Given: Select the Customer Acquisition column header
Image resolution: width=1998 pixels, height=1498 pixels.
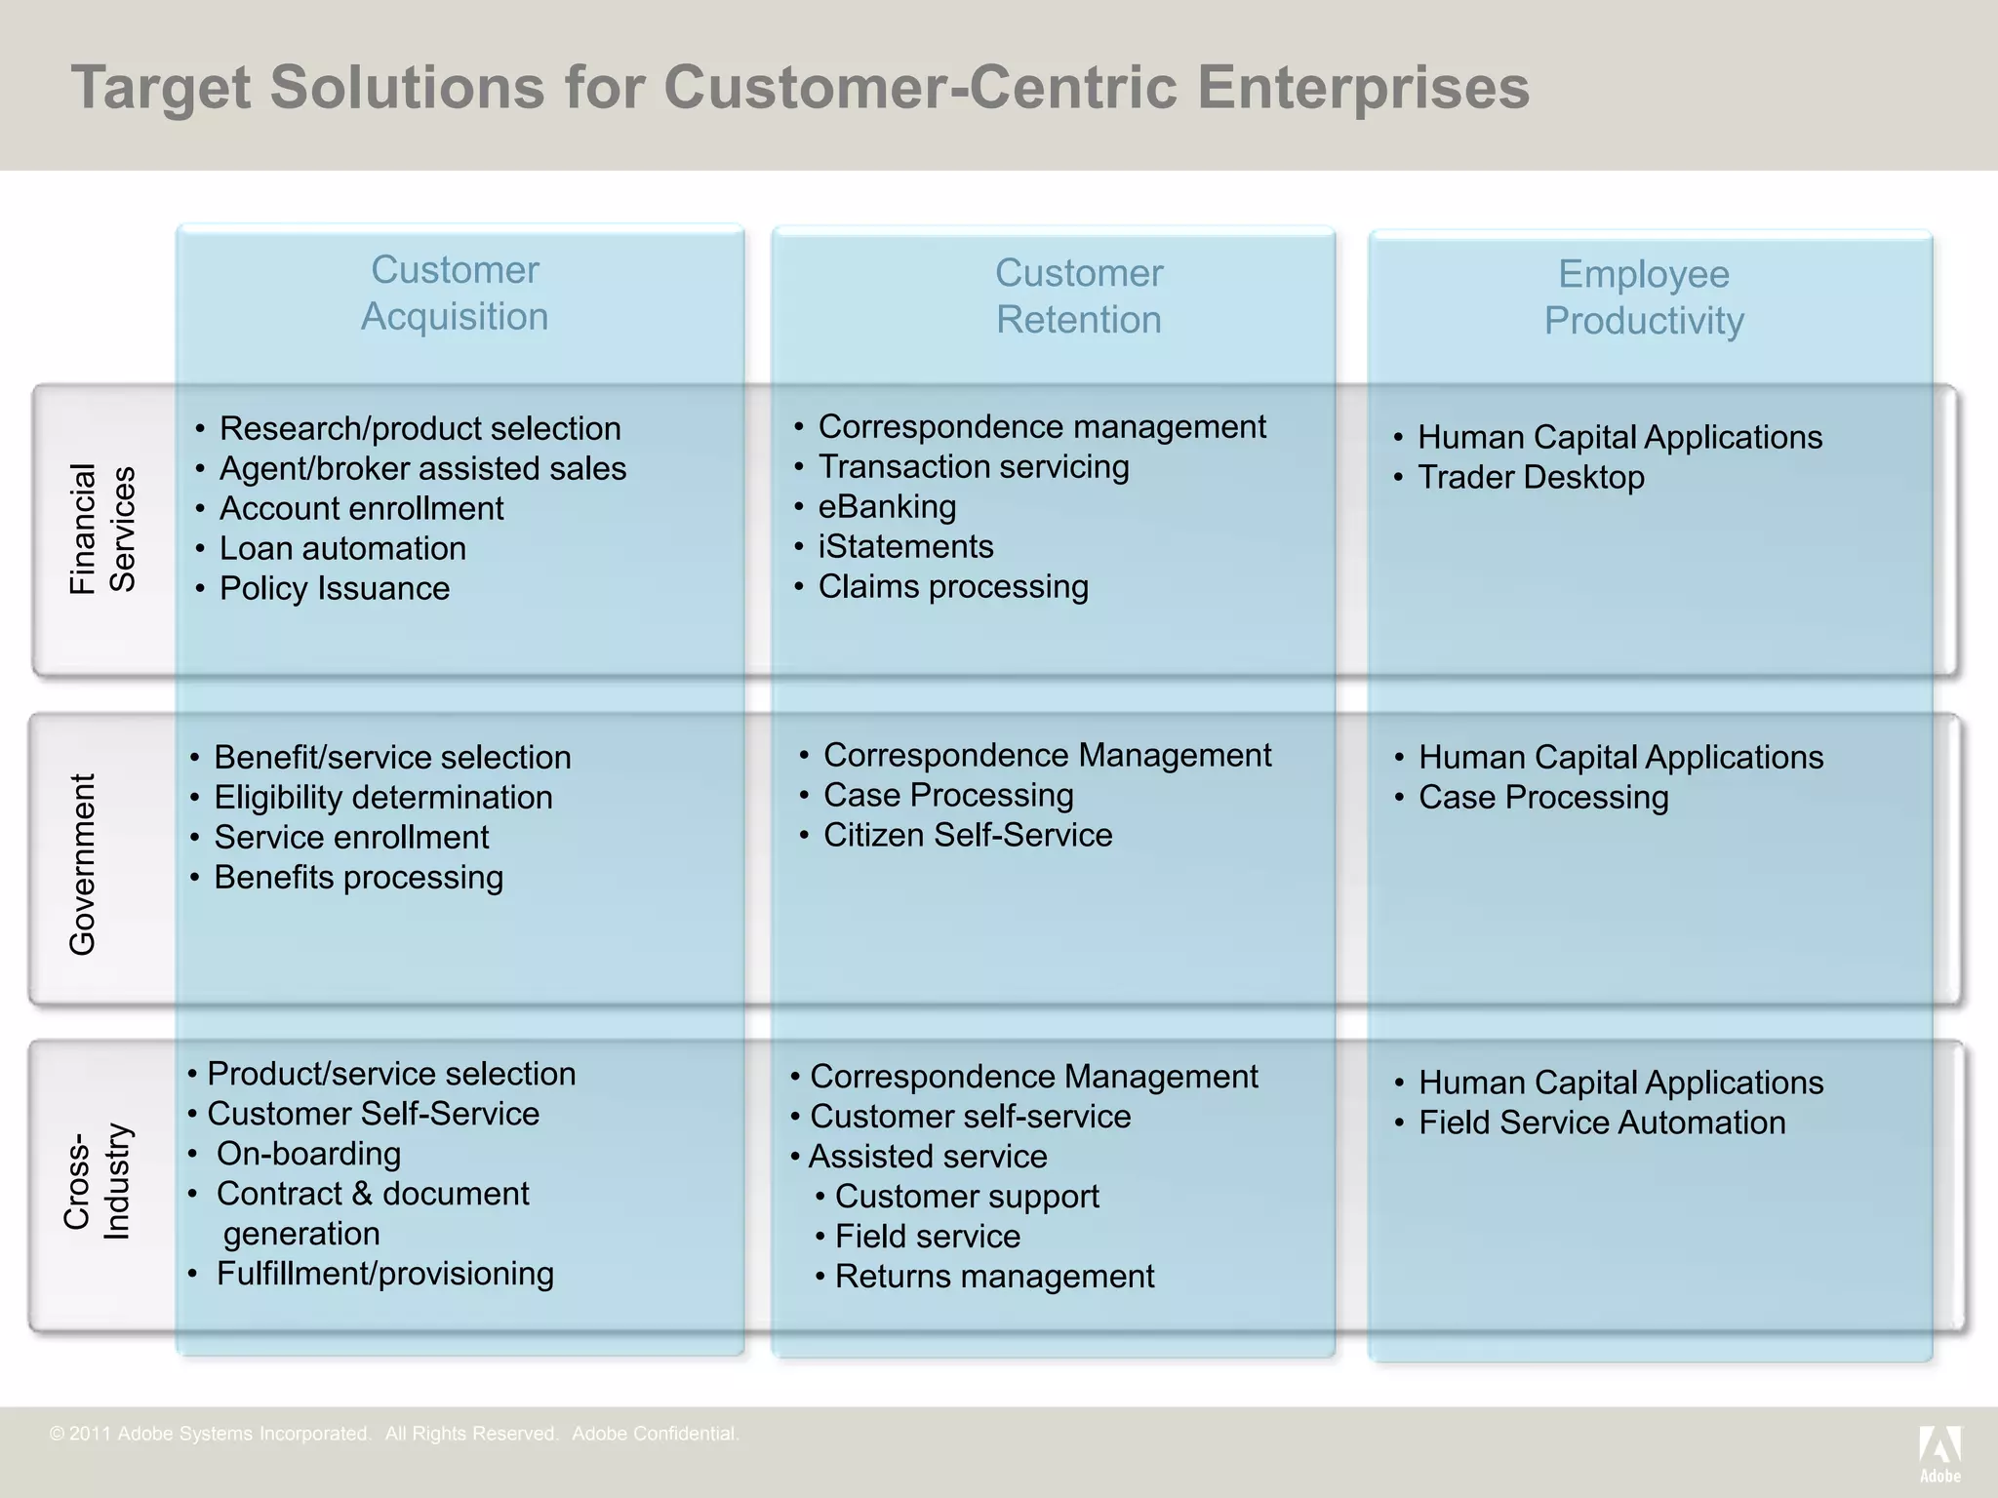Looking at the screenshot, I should coord(455,293).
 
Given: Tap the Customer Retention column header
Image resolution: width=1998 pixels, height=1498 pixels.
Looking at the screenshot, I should coord(1079,296).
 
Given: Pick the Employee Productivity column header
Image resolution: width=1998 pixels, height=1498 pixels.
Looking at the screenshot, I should coord(1644,297).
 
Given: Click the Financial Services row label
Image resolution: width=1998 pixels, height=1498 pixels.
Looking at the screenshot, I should coord(101,529).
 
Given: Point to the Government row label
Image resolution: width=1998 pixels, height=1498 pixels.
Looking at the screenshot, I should coord(83,864).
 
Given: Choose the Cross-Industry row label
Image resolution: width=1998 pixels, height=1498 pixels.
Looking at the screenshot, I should coord(97,1181).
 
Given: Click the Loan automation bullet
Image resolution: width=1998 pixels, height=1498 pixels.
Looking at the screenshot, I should coord(342,549).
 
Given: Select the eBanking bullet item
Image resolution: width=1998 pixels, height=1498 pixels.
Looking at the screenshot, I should coord(887,507).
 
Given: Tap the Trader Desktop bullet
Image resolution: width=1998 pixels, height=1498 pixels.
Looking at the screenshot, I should coord(1530,478).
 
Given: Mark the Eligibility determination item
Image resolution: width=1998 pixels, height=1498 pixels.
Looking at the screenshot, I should coord(382,798).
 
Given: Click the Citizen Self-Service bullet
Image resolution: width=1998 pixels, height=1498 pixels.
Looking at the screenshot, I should coord(967,836).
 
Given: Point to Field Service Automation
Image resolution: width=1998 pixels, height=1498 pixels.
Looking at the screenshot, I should coord(1601,1123).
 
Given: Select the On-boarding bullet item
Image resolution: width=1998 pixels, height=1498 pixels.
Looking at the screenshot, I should coord(308,1154).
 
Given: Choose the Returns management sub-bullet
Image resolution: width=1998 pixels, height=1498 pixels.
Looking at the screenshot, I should coord(994,1277).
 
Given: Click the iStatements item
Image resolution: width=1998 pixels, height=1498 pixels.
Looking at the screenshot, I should coord(905,547).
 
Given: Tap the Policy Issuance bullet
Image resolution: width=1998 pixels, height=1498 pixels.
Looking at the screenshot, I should coord(334,589).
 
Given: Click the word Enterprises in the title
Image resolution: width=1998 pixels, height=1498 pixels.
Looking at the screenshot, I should coord(1363,88).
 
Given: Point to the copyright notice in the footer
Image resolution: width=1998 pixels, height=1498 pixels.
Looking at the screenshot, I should coord(394,1434).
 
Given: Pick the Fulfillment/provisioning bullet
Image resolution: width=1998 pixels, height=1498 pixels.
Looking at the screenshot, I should coord(384,1274).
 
